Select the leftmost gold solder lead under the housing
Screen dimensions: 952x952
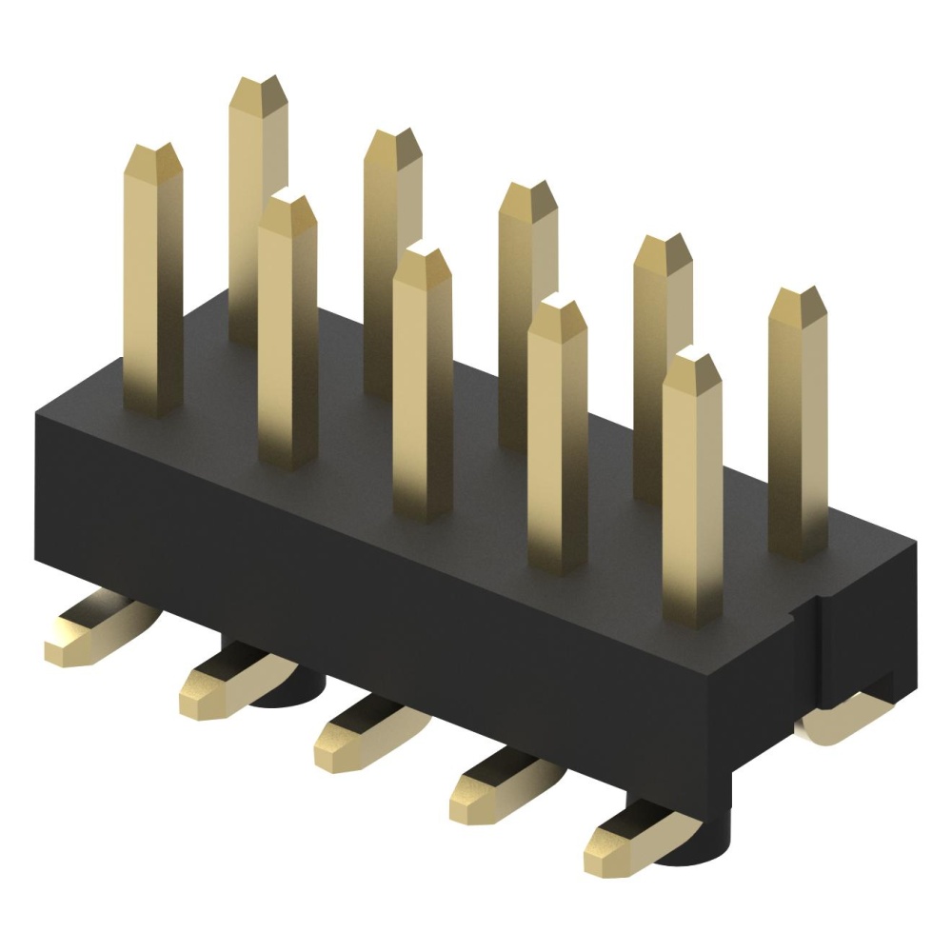point(90,633)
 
